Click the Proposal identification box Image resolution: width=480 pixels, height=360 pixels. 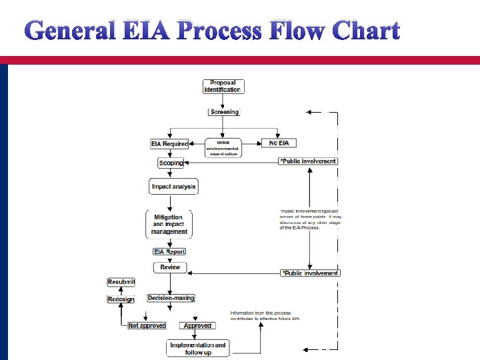pos(223,86)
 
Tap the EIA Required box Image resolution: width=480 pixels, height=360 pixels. pos(169,143)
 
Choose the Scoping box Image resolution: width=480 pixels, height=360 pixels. pos(171,163)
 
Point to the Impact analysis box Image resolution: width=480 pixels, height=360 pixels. pos(173,187)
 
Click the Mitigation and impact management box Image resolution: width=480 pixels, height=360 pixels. pos(169,225)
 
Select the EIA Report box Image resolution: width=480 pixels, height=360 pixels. pos(169,251)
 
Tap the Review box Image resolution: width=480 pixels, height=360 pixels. pos(170,267)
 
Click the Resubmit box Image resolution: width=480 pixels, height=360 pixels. pos(121,283)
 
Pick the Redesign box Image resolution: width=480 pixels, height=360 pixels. pos(121,299)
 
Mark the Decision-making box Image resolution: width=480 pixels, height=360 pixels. pos(171,298)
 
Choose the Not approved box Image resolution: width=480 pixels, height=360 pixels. pos(147,325)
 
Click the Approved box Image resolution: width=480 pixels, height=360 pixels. pos(197,325)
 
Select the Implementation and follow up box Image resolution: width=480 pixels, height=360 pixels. pos(198,348)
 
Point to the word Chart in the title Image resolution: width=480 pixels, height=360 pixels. pos(365,31)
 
